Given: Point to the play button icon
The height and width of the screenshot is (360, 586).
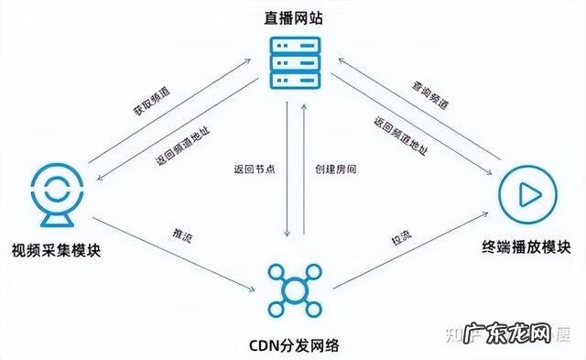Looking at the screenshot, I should [528, 193].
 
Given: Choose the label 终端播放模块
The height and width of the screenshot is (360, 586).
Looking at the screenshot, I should [527, 247].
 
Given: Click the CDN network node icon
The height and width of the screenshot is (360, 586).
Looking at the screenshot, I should [295, 289].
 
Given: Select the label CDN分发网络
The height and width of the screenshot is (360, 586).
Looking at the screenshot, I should [294, 345].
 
